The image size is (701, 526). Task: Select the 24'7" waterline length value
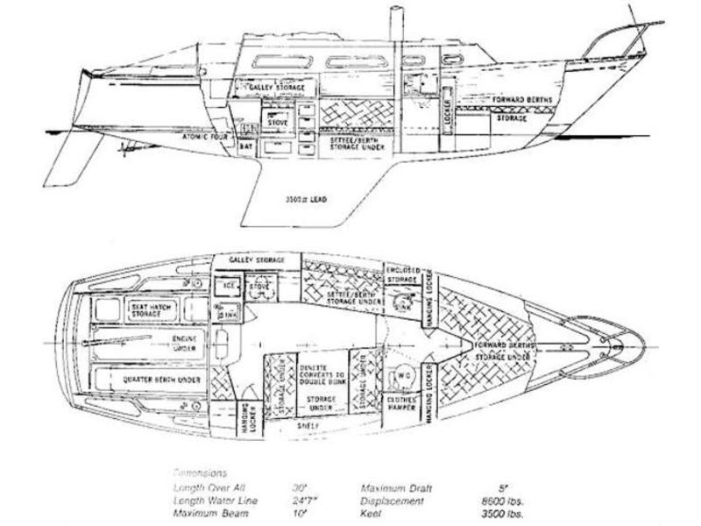click(x=307, y=500)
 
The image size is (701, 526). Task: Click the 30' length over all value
click(x=301, y=487)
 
